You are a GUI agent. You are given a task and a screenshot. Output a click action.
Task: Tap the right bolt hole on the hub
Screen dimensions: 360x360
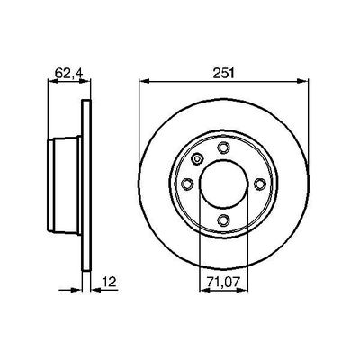point(260,184)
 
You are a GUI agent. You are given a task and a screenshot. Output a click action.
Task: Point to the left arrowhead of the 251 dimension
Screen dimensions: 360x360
point(143,84)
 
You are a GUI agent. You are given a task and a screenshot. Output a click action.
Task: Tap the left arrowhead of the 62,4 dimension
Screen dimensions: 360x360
point(47,84)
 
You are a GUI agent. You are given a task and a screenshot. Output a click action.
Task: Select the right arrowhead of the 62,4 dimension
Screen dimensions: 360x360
point(90,84)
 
